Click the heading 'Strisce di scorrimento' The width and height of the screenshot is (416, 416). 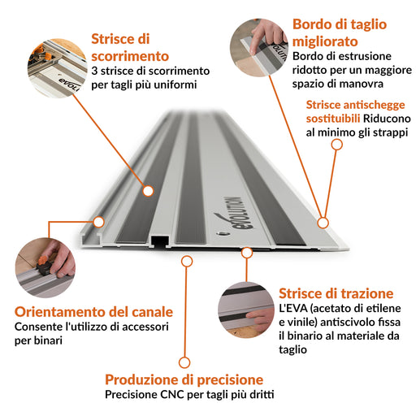tap(130, 48)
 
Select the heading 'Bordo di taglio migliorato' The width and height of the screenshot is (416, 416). tap(340, 32)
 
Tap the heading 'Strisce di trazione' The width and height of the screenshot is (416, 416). tap(336, 293)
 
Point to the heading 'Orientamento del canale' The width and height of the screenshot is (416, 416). tap(93, 312)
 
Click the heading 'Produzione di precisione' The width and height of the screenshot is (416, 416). tap(184, 379)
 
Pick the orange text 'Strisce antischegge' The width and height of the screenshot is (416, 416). tap(355, 105)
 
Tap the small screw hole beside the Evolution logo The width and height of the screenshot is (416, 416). tap(223, 233)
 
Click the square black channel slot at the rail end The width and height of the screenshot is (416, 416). tap(160, 241)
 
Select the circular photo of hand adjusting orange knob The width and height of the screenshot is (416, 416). tap(45, 267)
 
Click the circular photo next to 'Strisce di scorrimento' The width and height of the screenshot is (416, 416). tap(57, 68)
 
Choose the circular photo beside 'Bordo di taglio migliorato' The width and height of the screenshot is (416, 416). tap(259, 48)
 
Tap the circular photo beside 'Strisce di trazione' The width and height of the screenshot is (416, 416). tap(246, 310)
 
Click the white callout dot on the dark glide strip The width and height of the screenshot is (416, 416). tap(148, 191)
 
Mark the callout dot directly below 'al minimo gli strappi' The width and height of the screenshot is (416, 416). tap(337, 145)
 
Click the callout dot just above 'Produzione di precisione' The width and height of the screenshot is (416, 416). tap(184, 362)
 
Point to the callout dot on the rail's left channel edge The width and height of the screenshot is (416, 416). tap(99, 222)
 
